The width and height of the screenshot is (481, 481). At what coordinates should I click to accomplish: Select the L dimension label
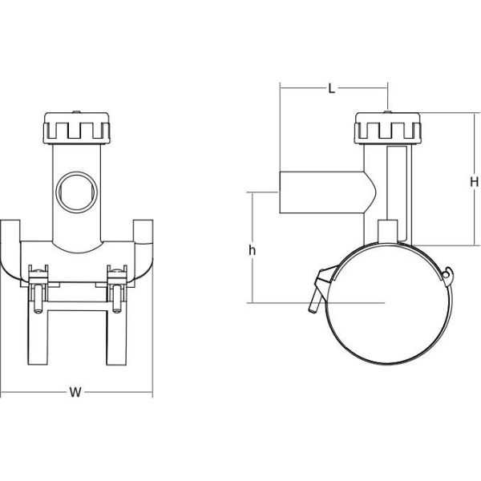click(331, 89)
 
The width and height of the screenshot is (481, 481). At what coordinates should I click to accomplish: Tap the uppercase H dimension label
click(473, 183)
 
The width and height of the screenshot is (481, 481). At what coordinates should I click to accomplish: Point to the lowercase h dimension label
click(253, 250)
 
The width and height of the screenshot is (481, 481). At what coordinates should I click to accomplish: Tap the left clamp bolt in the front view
click(38, 292)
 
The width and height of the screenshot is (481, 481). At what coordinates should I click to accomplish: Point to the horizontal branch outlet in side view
click(321, 192)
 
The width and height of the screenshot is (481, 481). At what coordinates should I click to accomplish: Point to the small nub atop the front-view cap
click(76, 113)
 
